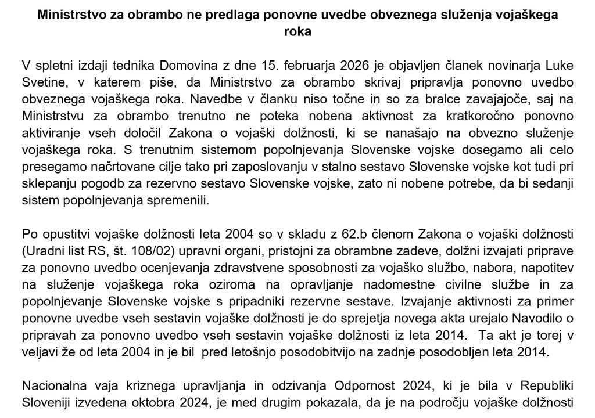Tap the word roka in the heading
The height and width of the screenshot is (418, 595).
coord(297,33)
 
